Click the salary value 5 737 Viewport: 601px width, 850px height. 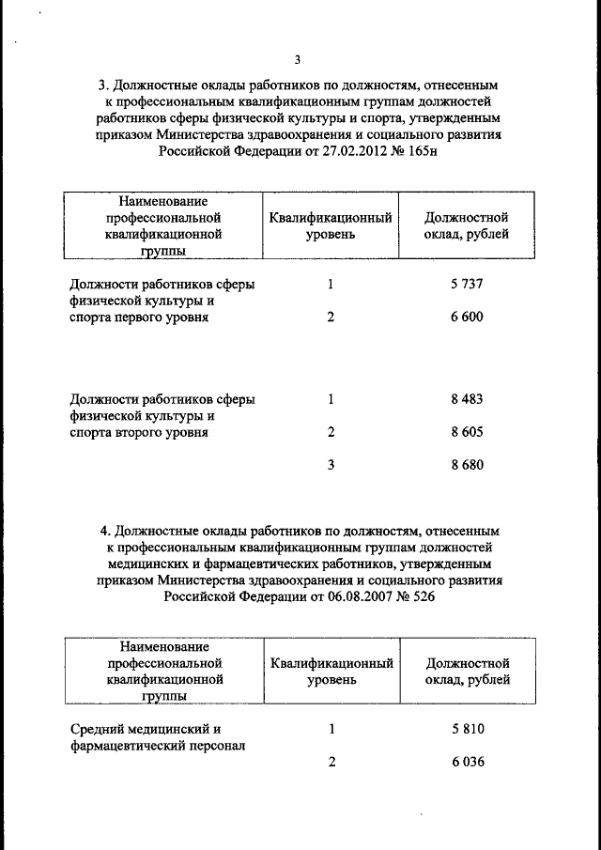pos(467,284)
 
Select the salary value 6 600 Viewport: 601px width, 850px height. pos(467,317)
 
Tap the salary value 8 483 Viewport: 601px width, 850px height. pos(467,399)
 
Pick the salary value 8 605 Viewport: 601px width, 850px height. pos(467,432)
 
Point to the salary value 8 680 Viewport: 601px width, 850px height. pos(467,465)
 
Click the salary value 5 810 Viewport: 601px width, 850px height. pos(467,728)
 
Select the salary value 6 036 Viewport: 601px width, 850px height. pos(467,762)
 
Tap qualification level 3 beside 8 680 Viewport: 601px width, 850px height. pos(331,465)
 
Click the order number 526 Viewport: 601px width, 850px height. pos(420,597)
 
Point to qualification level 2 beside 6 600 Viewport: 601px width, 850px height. pos(331,317)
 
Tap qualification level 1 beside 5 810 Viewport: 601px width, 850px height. pos(331,728)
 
